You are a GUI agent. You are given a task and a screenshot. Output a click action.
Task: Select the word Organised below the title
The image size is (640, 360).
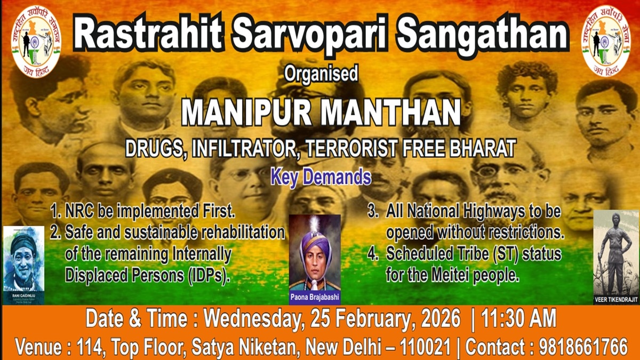tap(321, 74)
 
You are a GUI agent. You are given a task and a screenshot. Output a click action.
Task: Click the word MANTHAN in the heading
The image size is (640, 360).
tap(394, 114)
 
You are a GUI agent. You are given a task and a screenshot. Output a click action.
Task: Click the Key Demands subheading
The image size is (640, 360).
tap(321, 176)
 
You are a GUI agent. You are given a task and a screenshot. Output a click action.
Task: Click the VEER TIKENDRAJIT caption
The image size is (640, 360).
tap(616, 300)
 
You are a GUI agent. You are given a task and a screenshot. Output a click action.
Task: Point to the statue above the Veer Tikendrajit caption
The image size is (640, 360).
tap(615, 251)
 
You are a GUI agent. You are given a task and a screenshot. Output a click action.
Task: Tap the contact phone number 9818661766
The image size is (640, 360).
tap(583, 347)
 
